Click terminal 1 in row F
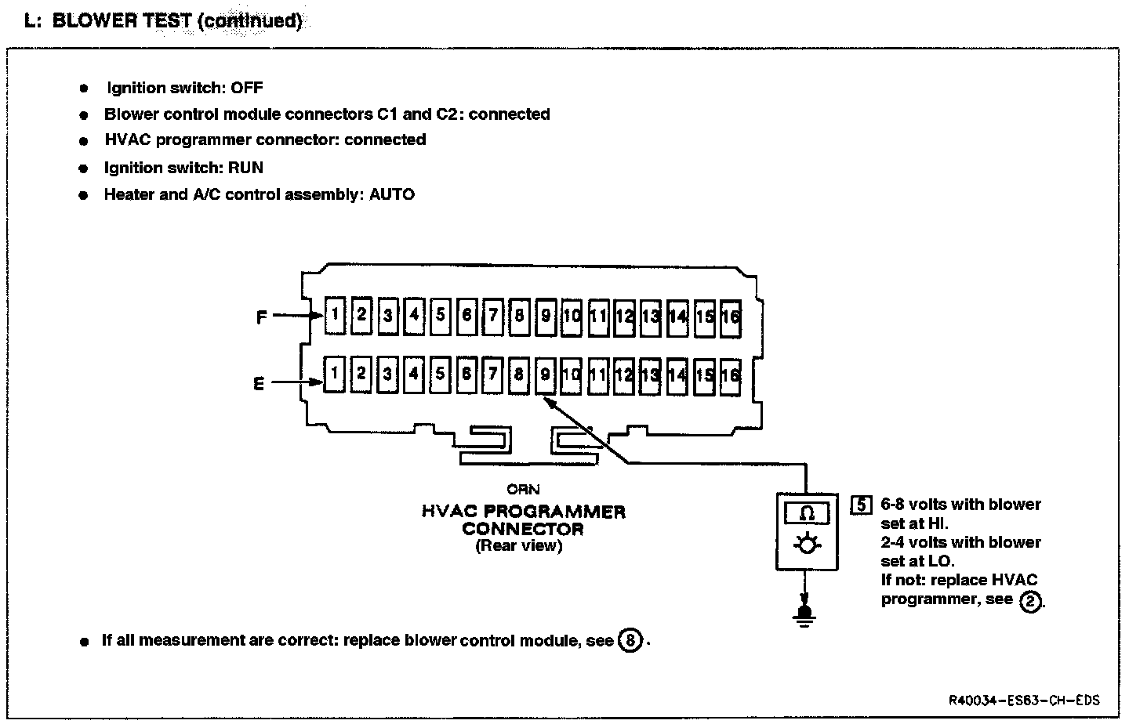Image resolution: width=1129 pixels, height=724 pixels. click(335, 316)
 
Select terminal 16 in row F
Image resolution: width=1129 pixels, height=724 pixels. click(731, 317)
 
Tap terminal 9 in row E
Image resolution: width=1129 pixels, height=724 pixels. click(546, 375)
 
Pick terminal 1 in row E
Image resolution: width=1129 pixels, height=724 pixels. click(335, 374)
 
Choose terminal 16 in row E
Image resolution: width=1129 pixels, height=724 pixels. click(731, 375)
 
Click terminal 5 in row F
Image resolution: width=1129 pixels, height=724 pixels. click(441, 316)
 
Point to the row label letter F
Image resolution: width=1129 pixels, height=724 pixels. click(262, 317)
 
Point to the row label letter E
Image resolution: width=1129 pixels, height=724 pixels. click(259, 384)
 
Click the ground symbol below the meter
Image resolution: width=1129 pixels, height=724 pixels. click(803, 612)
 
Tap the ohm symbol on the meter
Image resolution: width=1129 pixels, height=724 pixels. click(807, 514)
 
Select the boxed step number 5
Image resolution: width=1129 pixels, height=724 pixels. click(861, 505)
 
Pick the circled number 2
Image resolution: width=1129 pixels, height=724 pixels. click(1031, 601)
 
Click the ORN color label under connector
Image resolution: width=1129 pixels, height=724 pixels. click(523, 490)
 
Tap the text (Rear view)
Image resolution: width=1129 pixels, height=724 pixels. click(518, 546)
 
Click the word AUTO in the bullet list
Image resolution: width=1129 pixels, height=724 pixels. click(391, 194)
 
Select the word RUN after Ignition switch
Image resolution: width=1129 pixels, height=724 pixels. click(245, 168)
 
